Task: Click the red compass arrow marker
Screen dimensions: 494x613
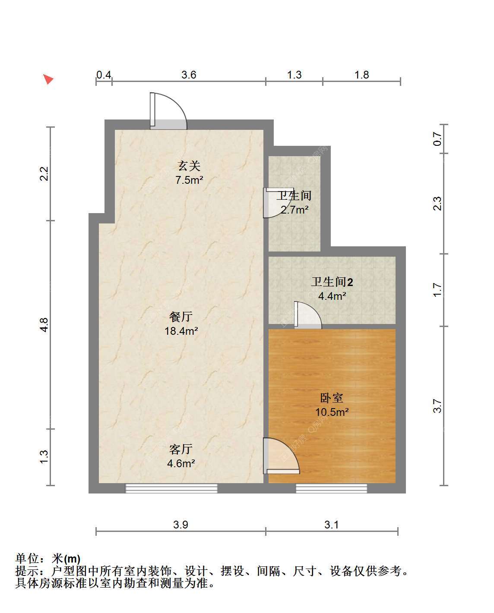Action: click(x=48, y=79)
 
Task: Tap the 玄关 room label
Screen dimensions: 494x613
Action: click(x=189, y=166)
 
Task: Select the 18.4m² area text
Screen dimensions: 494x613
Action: click(x=181, y=331)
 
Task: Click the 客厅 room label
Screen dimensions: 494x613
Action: click(x=181, y=449)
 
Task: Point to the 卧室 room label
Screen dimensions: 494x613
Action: click(x=332, y=398)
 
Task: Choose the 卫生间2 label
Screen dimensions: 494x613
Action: click(x=332, y=282)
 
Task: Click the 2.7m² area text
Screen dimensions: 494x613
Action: click(x=294, y=210)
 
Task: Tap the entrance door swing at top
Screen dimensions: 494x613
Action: click(x=168, y=111)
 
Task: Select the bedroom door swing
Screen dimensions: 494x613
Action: click(x=281, y=456)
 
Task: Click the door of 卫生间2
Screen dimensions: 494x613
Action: click(x=308, y=315)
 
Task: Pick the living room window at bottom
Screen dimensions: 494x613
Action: click(x=171, y=488)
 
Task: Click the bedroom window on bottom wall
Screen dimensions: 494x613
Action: click(x=331, y=488)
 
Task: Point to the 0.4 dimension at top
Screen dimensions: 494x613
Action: click(x=104, y=75)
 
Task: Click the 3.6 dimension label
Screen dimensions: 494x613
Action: click(x=189, y=75)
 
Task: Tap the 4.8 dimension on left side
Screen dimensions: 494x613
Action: click(x=44, y=325)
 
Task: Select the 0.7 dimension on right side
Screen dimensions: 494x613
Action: click(x=437, y=139)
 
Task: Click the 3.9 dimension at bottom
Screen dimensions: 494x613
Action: click(x=180, y=525)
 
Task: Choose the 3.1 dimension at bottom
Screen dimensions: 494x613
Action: click(x=331, y=525)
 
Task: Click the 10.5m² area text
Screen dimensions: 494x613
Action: click(x=332, y=412)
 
